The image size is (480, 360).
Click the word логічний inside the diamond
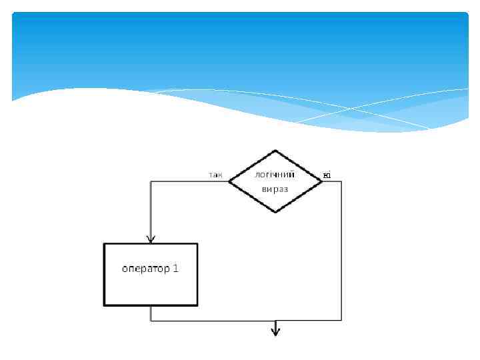click(x=275, y=175)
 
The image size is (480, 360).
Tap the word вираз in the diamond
click(x=275, y=189)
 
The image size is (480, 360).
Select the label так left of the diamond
click(x=215, y=175)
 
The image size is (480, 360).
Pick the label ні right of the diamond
click(x=327, y=175)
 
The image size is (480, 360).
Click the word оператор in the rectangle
click(x=141, y=269)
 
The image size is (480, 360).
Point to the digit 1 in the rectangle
click(x=175, y=269)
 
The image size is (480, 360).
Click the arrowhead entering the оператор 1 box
click(x=151, y=239)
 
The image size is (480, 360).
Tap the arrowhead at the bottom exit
click(x=275, y=331)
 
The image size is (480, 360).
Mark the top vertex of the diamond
click(x=275, y=151)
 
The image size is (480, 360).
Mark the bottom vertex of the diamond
click(x=275, y=212)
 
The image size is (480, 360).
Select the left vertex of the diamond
click(x=229, y=181)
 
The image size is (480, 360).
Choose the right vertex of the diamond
click(x=323, y=181)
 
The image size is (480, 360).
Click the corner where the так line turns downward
click(x=151, y=181)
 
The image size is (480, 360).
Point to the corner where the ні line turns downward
click(x=341, y=181)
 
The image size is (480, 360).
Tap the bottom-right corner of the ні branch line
click(x=341, y=321)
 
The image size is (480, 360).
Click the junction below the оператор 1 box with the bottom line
click(x=151, y=321)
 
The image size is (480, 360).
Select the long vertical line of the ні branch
click(x=341, y=253)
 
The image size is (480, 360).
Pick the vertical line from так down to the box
click(x=151, y=210)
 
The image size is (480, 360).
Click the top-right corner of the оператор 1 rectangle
click(x=197, y=244)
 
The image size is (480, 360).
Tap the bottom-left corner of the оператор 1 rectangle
click(x=105, y=305)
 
